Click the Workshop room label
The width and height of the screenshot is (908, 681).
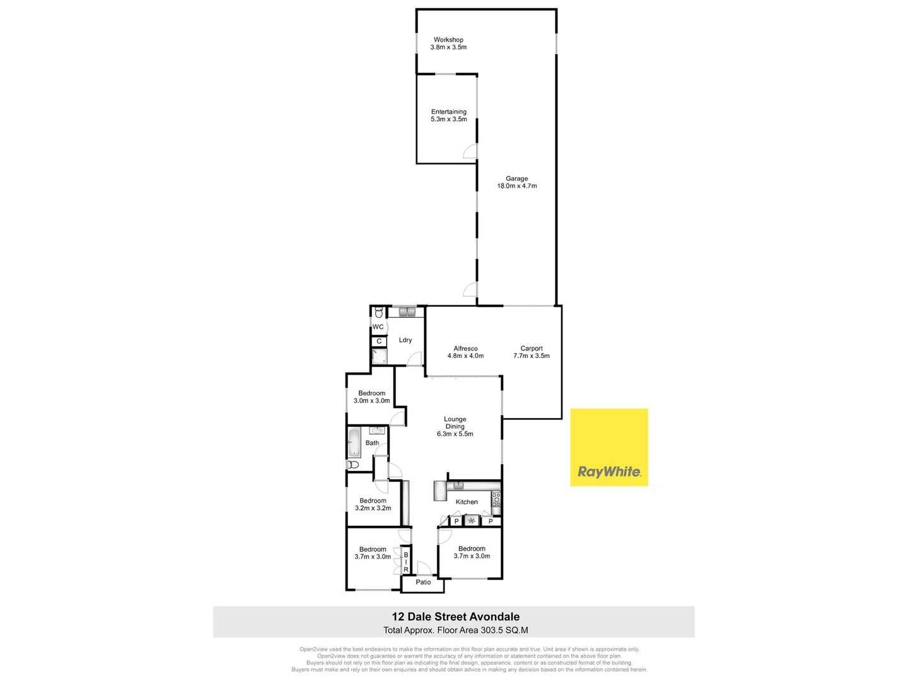pos(448,40)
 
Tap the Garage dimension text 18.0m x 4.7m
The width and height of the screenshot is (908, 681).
pos(516,186)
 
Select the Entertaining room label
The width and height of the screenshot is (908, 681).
pos(448,112)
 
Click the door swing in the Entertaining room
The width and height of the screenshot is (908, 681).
pos(470,151)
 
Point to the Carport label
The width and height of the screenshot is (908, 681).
pos(532,348)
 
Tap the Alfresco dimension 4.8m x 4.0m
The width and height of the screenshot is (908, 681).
pos(465,356)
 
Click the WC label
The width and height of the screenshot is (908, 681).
pos(378,327)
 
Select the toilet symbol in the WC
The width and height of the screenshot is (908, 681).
pos(378,313)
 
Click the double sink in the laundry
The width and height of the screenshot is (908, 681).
pos(407,311)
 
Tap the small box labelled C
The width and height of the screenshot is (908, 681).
pos(379,341)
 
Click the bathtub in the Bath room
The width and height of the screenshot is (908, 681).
pos(354,443)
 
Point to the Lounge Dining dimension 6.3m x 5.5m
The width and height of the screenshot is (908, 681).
pos(455,434)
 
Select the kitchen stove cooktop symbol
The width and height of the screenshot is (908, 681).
pos(496,499)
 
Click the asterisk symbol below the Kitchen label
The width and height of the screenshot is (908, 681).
pos(472,521)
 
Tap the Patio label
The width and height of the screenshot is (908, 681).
pos(423,582)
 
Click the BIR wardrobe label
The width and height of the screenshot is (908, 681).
pos(406,562)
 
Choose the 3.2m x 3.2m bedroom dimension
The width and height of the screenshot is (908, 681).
pos(373,508)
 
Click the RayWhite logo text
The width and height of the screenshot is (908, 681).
pos(609,472)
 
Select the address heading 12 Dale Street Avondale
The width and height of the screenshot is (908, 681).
pos(455,617)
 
